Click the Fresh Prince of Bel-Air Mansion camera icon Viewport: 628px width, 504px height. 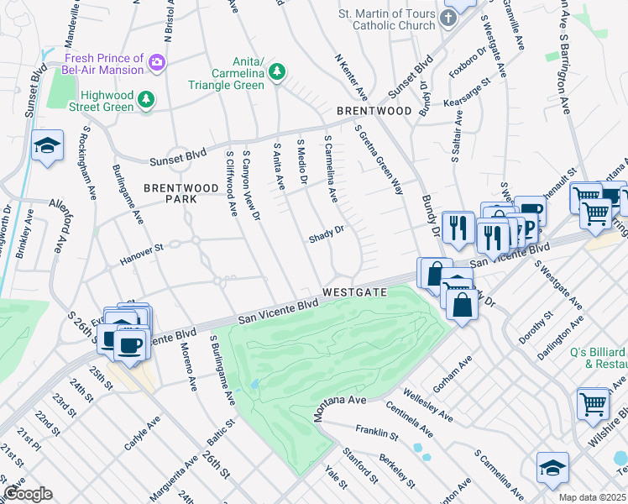point(156,62)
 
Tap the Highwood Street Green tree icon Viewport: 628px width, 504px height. point(147,100)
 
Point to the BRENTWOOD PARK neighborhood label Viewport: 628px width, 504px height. point(170,193)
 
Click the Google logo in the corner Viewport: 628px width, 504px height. point(28,493)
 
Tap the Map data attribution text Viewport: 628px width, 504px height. point(593,497)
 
